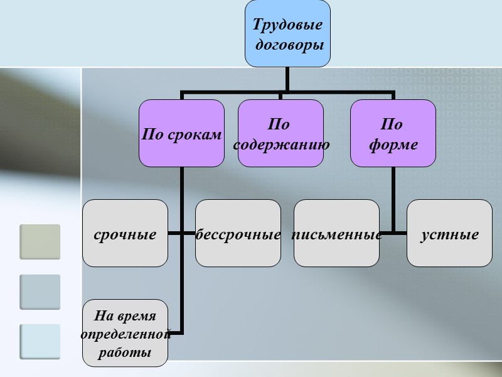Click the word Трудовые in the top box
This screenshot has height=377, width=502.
[x=287, y=25]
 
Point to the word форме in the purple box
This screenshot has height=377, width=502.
[x=393, y=145]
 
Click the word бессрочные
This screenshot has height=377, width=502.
[x=238, y=235]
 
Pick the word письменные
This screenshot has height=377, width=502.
[x=336, y=235]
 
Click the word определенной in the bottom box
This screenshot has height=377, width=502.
[x=125, y=334]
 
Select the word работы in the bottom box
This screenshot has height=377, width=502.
[x=125, y=352]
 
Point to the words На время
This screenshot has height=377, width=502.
[x=125, y=315]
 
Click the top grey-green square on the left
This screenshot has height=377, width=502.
[x=40, y=242]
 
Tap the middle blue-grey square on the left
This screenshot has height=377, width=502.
[x=40, y=292]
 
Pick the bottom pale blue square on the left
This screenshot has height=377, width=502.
[x=40, y=342]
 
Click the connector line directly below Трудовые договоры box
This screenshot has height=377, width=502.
[x=287, y=79]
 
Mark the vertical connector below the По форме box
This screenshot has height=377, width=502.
[x=393, y=195]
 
